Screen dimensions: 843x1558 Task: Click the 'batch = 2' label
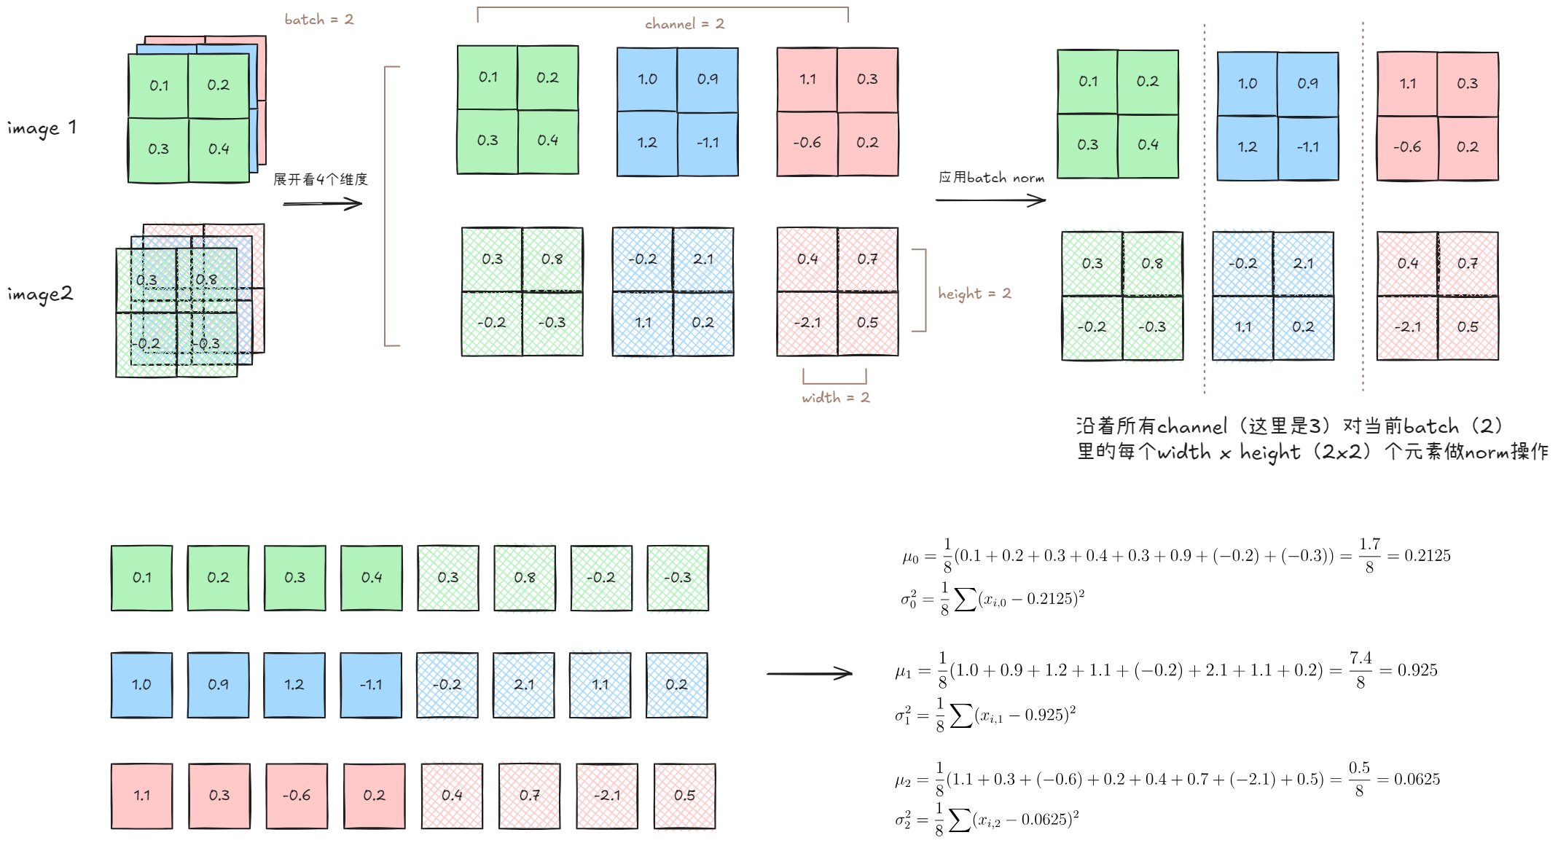[x=318, y=20]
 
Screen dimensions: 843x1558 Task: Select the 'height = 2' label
[x=974, y=294]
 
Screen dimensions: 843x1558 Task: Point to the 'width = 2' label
[x=835, y=398]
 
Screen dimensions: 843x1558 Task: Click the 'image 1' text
[x=42, y=128]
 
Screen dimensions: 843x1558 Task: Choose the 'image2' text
[x=40, y=294]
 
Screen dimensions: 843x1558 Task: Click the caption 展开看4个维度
[x=320, y=179]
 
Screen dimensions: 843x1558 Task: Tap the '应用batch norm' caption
[x=991, y=178]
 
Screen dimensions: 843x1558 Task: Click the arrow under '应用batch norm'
[x=990, y=200]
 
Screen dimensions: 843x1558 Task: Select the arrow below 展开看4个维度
[x=322, y=204]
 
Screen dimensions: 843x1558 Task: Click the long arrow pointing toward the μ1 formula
[x=809, y=674]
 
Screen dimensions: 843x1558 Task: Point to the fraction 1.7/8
[x=1369, y=555]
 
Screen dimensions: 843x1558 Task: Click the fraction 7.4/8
[x=1360, y=670]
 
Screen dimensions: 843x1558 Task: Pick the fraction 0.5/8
[x=1358, y=779]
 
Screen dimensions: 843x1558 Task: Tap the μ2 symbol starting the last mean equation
[x=903, y=781]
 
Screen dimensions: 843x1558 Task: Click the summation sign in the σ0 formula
[x=965, y=600]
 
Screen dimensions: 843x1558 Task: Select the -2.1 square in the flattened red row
[x=607, y=796]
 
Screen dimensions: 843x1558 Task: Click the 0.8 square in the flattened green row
[x=525, y=578]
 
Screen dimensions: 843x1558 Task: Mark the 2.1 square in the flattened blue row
[x=523, y=685]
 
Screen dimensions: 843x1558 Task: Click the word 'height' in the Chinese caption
[x=1269, y=452]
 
